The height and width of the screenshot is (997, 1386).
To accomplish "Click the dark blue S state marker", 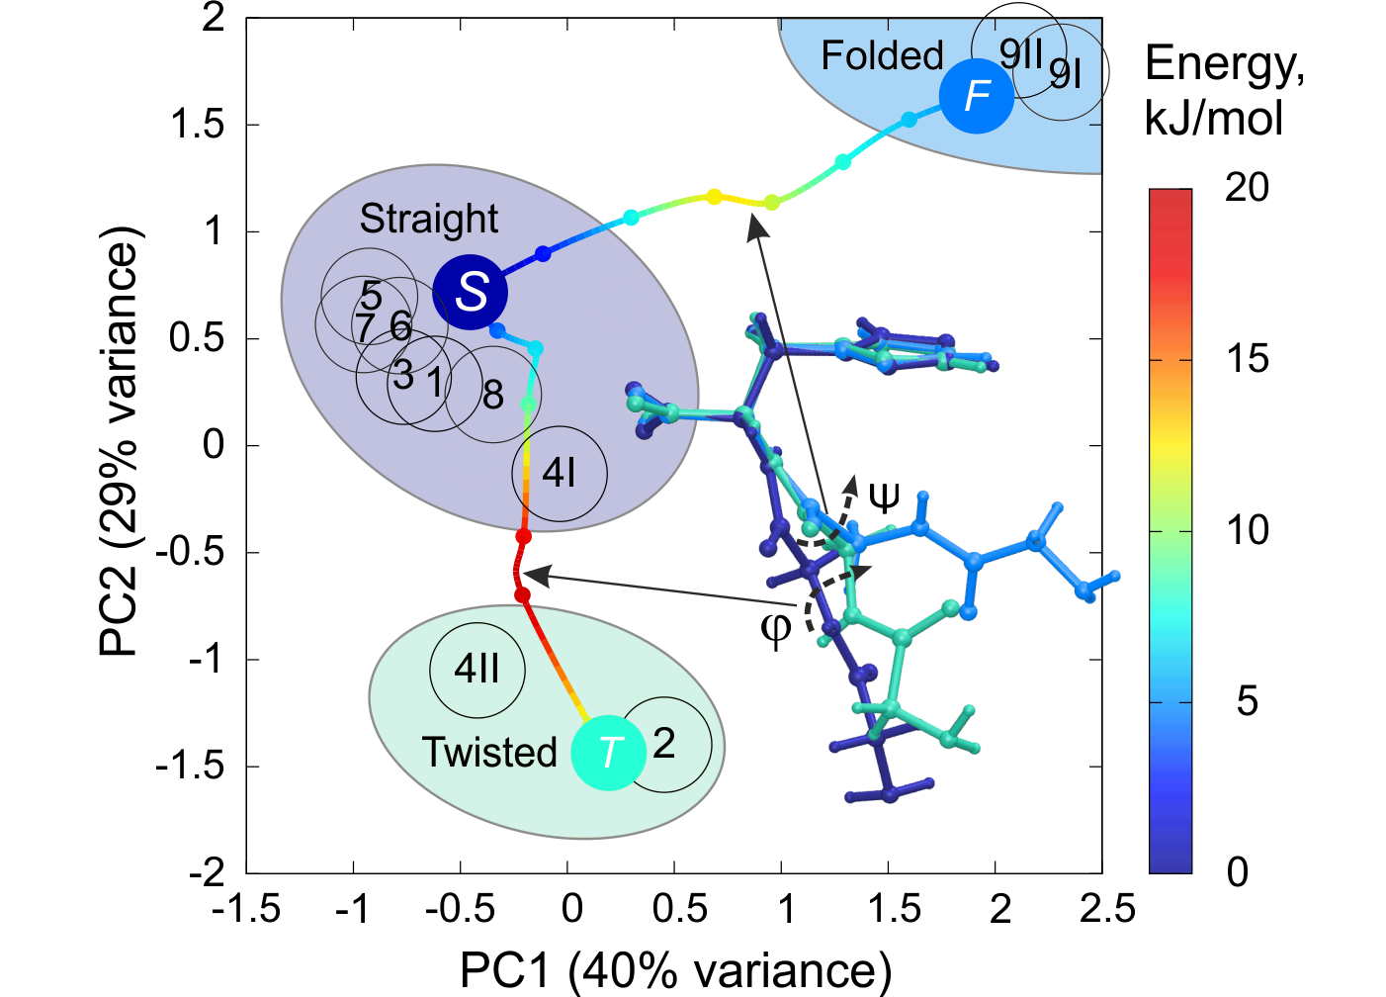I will point(471,292).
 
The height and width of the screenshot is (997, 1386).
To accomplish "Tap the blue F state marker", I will point(977,96).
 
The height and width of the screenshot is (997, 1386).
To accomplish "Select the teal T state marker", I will point(609,753).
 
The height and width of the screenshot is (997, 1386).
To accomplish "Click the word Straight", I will point(428,219).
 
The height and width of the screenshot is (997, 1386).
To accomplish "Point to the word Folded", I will point(882,55).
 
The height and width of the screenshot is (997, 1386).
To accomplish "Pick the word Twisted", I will point(489,753).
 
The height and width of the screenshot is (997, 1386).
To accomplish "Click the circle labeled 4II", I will point(477,670).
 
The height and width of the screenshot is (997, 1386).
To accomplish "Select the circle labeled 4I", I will point(560,474).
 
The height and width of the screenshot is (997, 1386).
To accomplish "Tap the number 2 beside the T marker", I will point(664,743).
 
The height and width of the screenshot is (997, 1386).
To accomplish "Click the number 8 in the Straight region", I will point(493,396).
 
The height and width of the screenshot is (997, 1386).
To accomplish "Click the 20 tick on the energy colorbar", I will point(1247,187).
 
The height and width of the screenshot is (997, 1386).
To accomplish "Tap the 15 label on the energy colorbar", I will point(1247,359).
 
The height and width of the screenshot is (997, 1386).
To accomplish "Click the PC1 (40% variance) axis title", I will point(675,970).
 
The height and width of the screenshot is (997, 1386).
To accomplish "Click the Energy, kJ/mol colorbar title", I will point(1224,91).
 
